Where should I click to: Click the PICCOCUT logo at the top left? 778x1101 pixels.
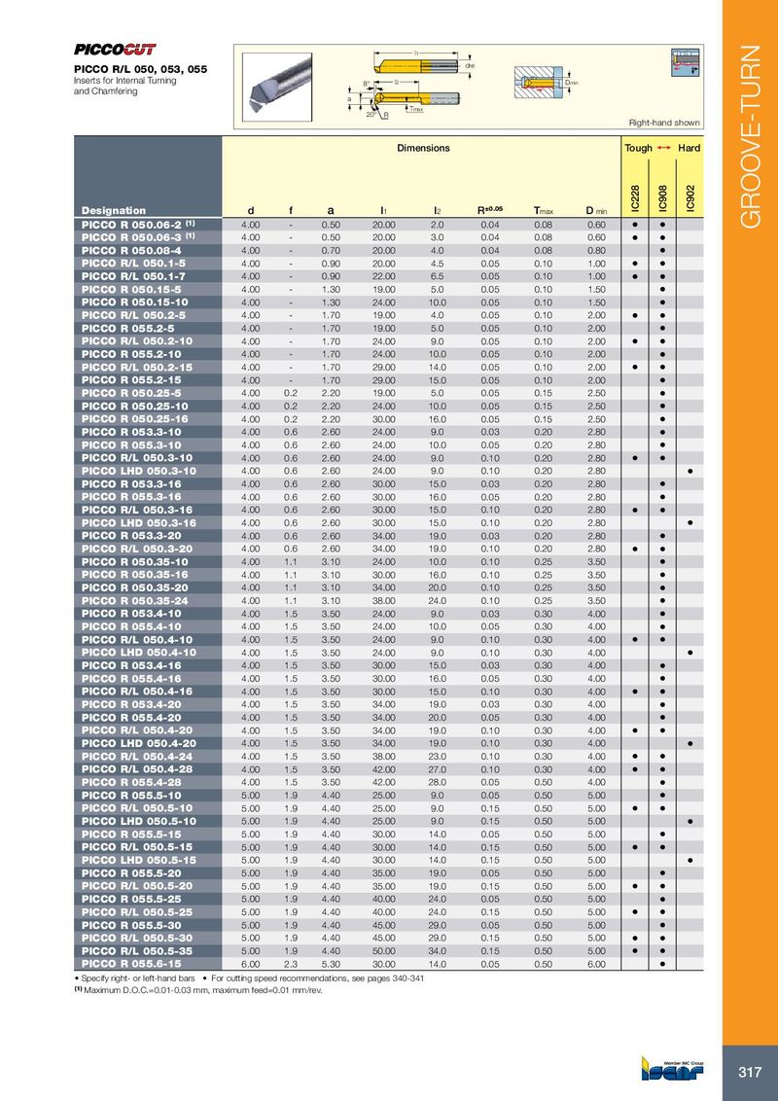[x=116, y=50]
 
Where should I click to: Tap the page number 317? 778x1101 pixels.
[x=750, y=1072]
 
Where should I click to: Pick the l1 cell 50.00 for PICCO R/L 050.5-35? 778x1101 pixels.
[x=383, y=950]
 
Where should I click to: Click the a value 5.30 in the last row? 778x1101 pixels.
[x=331, y=963]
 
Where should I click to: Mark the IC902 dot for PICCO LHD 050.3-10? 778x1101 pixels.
[x=690, y=471]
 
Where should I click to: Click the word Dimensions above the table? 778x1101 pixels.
[x=423, y=148]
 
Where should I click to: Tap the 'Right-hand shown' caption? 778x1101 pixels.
[x=664, y=123]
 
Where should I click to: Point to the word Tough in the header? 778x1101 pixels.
[x=638, y=148]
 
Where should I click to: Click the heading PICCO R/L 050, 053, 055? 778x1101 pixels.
[x=141, y=71]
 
